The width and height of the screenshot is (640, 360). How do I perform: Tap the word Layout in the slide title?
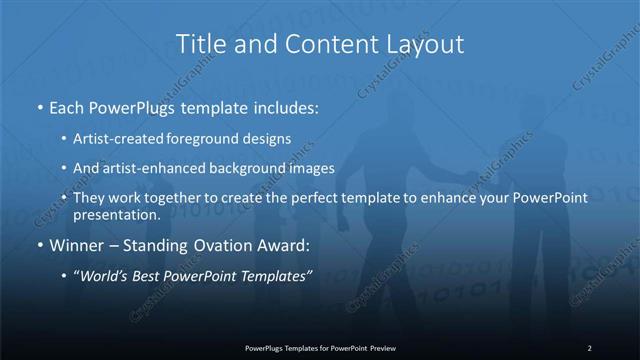[x=425, y=45]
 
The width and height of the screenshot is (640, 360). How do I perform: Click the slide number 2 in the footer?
[x=589, y=347]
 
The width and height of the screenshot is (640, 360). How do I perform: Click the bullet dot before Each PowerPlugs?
[x=40, y=105]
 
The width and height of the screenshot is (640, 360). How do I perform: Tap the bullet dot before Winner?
[x=40, y=245]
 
